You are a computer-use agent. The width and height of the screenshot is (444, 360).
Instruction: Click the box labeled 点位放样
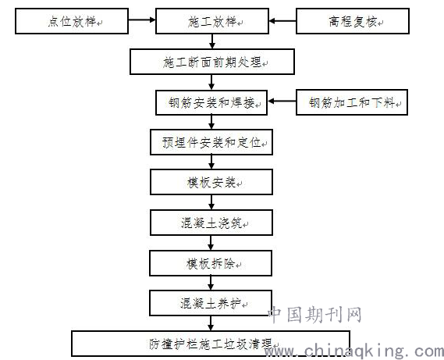tap(72, 21)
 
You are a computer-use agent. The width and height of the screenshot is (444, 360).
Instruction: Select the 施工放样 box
tap(212, 21)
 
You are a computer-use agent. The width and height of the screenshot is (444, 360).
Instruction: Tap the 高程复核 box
tap(353, 21)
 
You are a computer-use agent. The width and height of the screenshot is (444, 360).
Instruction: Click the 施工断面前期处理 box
tap(212, 62)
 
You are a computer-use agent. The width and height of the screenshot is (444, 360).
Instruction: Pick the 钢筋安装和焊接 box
tap(211, 102)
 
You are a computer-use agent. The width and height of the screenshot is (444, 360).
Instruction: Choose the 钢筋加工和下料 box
tap(352, 102)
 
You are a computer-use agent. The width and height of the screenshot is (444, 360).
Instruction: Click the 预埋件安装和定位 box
tap(211, 142)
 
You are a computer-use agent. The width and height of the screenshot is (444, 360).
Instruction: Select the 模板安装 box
tap(211, 182)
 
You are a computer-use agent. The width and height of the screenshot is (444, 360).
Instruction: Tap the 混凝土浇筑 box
tap(211, 223)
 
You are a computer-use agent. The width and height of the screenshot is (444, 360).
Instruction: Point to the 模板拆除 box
tap(211, 263)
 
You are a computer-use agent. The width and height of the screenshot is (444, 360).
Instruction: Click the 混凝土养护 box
tap(211, 303)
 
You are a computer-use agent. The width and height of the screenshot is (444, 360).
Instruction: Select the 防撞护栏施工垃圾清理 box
tap(211, 344)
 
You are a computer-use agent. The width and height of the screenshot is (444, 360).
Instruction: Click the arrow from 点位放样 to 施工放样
tap(142, 20)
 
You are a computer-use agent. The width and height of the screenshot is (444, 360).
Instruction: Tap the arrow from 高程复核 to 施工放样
tap(282, 20)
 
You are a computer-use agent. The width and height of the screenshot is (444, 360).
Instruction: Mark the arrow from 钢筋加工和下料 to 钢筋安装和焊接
tap(282, 102)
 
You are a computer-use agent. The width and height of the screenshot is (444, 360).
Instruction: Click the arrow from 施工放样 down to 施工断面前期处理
tap(212, 41)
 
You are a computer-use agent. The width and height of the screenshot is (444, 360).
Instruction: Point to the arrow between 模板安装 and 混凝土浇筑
tap(211, 202)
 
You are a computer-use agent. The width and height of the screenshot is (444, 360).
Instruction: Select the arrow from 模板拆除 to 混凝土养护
tap(211, 283)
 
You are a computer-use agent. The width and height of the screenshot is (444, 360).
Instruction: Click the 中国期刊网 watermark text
tap(315, 315)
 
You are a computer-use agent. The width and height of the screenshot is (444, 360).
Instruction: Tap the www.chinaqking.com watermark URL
tap(354, 351)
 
